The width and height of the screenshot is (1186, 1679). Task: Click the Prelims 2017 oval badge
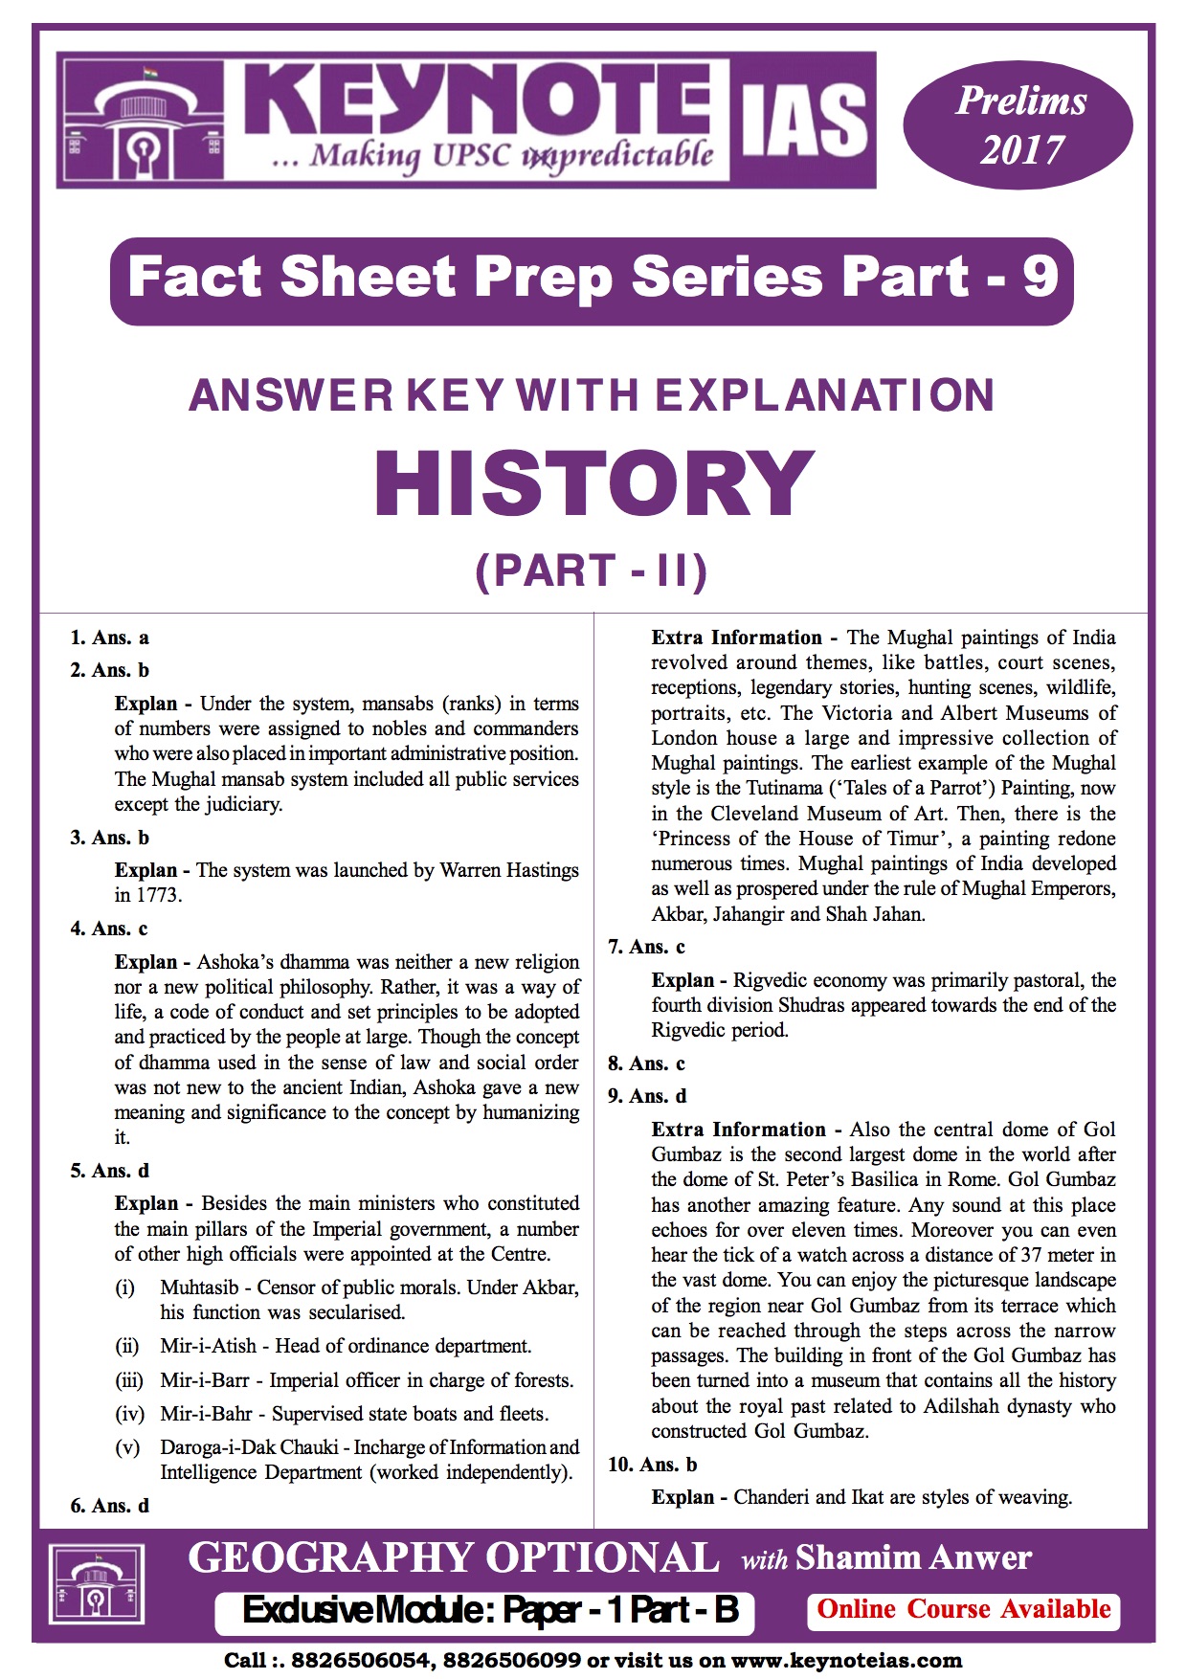pyautogui.click(x=1018, y=125)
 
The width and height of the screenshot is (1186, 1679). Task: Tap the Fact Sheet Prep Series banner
pyautogui.click(x=592, y=279)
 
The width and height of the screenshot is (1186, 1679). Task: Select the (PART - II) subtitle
pyautogui.click(x=592, y=571)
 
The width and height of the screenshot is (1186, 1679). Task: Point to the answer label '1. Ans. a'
pyautogui.click(x=109, y=638)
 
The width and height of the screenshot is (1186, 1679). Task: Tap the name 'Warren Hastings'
pyautogui.click(x=509, y=870)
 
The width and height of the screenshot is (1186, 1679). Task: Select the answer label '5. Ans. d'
pyautogui.click(x=109, y=1171)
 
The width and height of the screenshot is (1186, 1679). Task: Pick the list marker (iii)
pyautogui.click(x=128, y=1380)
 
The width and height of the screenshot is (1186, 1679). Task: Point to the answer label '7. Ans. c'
pyautogui.click(x=646, y=947)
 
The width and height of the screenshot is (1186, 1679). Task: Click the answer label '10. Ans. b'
pyautogui.click(x=652, y=1465)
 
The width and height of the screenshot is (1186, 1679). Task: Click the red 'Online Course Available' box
pyautogui.click(x=964, y=1609)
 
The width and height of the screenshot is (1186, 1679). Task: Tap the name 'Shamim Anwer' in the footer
pyautogui.click(x=913, y=1558)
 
